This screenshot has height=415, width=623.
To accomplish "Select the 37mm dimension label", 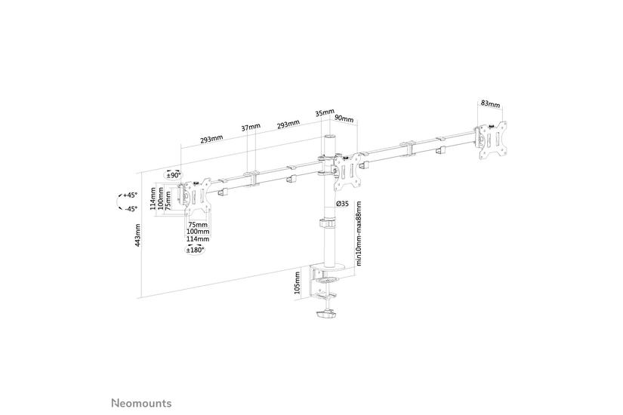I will click(251, 126).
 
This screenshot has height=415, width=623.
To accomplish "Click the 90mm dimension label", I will click(344, 118).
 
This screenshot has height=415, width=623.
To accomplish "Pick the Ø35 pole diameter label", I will click(341, 204).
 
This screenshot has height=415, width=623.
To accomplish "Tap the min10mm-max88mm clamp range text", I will click(359, 234).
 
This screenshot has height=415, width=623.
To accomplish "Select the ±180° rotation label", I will click(196, 250).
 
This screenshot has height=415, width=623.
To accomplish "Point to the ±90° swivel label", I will click(174, 175).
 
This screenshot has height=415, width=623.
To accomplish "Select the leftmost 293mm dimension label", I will click(211, 140).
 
